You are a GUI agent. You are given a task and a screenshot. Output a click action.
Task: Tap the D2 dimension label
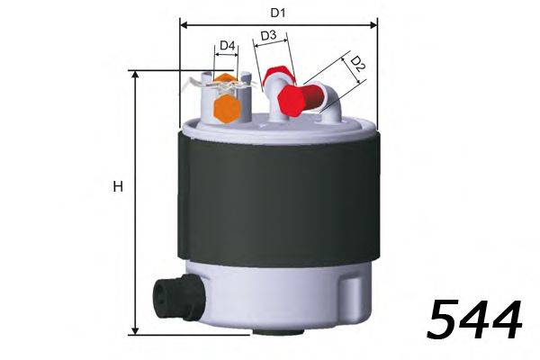point(356,64)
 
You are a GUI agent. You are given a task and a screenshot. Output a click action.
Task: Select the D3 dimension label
point(268,36)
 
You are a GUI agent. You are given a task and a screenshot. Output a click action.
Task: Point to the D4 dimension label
point(228,45)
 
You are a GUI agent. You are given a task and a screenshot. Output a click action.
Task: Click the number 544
point(474,320)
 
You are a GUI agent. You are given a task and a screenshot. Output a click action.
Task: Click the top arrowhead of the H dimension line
point(136,76)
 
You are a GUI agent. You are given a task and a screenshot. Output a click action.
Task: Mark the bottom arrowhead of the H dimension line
point(136,329)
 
